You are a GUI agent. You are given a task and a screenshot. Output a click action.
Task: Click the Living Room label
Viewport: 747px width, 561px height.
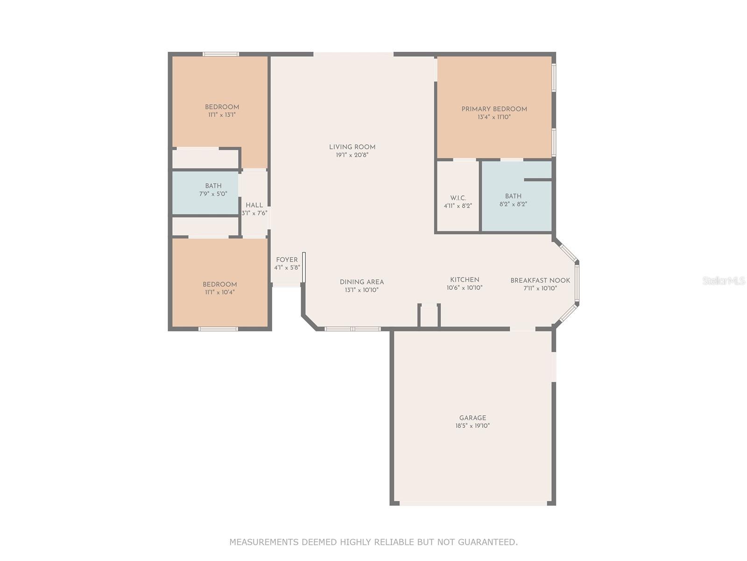point(352,147)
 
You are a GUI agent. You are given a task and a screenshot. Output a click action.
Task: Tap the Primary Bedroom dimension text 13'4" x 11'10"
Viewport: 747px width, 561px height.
point(494,117)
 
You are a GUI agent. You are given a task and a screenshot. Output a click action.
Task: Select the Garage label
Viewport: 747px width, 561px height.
point(472,418)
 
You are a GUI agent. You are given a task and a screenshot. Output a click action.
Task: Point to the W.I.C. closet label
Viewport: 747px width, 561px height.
point(458,198)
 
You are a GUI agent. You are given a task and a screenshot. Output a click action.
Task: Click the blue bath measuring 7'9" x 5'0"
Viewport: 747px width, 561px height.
point(206,193)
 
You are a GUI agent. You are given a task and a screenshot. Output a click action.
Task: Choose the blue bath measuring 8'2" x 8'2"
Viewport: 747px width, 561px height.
point(516,196)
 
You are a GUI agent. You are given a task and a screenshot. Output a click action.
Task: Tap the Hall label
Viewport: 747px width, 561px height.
point(254,205)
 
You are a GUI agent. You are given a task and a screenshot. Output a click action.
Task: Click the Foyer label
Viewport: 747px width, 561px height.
point(287,260)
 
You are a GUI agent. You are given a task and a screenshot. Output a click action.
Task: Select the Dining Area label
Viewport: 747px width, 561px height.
point(361,282)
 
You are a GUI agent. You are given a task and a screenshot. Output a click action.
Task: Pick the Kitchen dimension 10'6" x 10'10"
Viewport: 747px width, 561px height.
point(465,288)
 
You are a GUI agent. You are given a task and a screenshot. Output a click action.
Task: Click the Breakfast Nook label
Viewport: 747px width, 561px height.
point(540,280)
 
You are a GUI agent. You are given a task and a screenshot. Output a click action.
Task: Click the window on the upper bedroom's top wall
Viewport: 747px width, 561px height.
point(221,54)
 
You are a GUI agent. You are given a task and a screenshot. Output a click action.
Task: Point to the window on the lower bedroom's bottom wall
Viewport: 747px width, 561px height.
point(218,329)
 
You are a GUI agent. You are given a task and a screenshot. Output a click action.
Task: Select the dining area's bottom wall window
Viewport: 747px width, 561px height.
point(352,329)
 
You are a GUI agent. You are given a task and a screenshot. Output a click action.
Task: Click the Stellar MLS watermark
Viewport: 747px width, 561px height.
point(724,280)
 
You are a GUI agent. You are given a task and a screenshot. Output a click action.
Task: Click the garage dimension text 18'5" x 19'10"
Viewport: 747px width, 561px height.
point(472,426)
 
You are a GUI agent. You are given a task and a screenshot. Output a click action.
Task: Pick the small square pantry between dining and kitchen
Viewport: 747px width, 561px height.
point(429,316)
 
